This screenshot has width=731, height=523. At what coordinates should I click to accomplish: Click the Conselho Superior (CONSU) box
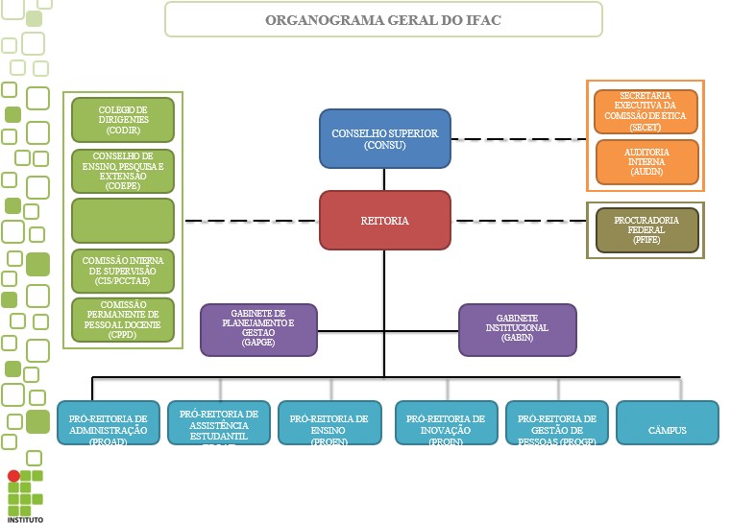[x=384, y=138]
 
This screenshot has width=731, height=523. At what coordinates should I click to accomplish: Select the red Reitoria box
[x=384, y=220]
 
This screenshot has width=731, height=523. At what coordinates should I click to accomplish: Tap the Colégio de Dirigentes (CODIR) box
[x=122, y=120]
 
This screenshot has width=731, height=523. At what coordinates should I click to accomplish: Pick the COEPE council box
[x=122, y=171]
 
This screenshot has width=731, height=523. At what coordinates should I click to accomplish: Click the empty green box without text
[x=122, y=220]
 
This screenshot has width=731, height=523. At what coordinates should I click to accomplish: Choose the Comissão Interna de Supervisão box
[x=122, y=271]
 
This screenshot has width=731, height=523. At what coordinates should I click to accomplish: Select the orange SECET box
[x=646, y=111]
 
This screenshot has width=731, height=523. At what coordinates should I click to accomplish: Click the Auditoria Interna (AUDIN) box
[x=646, y=161]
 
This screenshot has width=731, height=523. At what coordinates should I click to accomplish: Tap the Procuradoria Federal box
[x=646, y=230]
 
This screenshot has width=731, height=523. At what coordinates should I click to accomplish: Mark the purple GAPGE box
[x=258, y=329]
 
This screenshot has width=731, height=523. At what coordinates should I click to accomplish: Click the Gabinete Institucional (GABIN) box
[x=517, y=329]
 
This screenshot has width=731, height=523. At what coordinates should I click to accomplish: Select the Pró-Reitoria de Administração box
[x=108, y=422]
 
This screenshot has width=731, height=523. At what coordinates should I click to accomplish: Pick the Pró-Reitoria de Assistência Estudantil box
[x=219, y=422]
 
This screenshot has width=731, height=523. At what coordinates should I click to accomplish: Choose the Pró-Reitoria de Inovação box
[x=446, y=422]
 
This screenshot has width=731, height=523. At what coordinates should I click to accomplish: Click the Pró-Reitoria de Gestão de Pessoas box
[x=556, y=422]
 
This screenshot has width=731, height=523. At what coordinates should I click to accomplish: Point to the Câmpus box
[x=667, y=422]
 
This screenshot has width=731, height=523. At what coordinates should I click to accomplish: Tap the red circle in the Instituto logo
[x=13, y=475]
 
